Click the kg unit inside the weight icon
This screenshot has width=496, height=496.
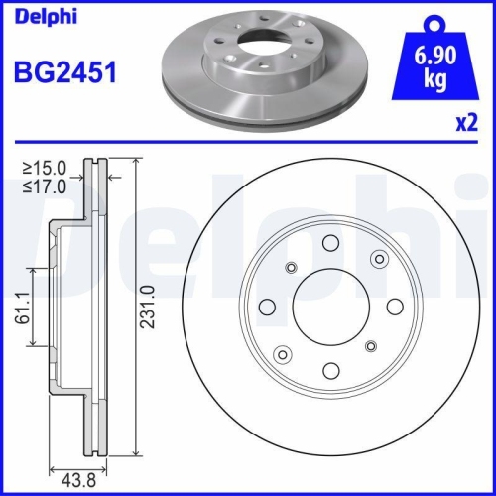pos(434,77)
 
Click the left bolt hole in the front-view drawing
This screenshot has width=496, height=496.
pos(266,307)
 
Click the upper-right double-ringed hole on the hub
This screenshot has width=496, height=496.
pos(378,258)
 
